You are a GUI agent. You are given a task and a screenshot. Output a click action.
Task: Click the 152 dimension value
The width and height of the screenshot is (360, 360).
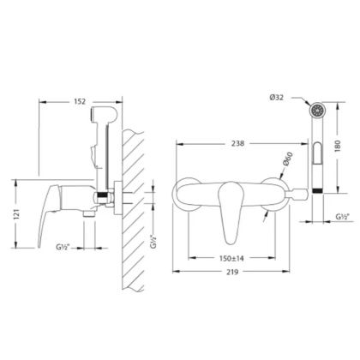coord(80,101)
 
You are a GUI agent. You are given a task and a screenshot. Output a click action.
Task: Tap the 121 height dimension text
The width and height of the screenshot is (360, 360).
coord(16,214)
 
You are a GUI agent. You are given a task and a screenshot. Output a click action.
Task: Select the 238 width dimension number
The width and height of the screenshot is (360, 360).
coord(237,143)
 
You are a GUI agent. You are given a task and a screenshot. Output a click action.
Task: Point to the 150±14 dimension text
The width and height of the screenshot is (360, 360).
coord(231,258)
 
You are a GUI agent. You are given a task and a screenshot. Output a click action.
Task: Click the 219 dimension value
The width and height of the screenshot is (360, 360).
coord(232,272)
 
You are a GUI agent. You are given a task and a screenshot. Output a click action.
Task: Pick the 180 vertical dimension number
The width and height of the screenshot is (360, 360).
coord(338,146)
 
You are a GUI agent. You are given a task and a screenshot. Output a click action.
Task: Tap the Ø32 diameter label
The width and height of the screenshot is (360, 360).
coord(276,98)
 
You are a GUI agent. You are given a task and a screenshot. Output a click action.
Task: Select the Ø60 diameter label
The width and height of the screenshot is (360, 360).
coord(288,159)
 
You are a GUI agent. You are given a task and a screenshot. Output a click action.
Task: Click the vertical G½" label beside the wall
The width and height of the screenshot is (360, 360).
coord(153,242)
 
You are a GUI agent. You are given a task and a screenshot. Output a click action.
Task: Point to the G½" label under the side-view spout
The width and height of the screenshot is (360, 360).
coord(63,247)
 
